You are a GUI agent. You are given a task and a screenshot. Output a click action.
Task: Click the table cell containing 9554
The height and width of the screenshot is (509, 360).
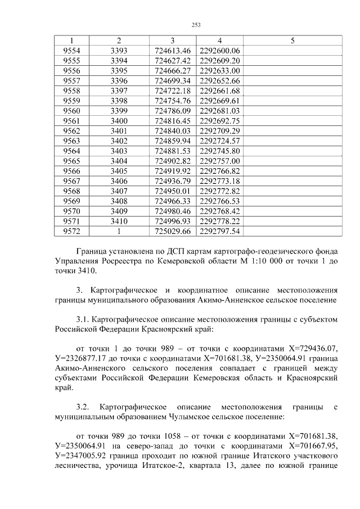tap(71, 51)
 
